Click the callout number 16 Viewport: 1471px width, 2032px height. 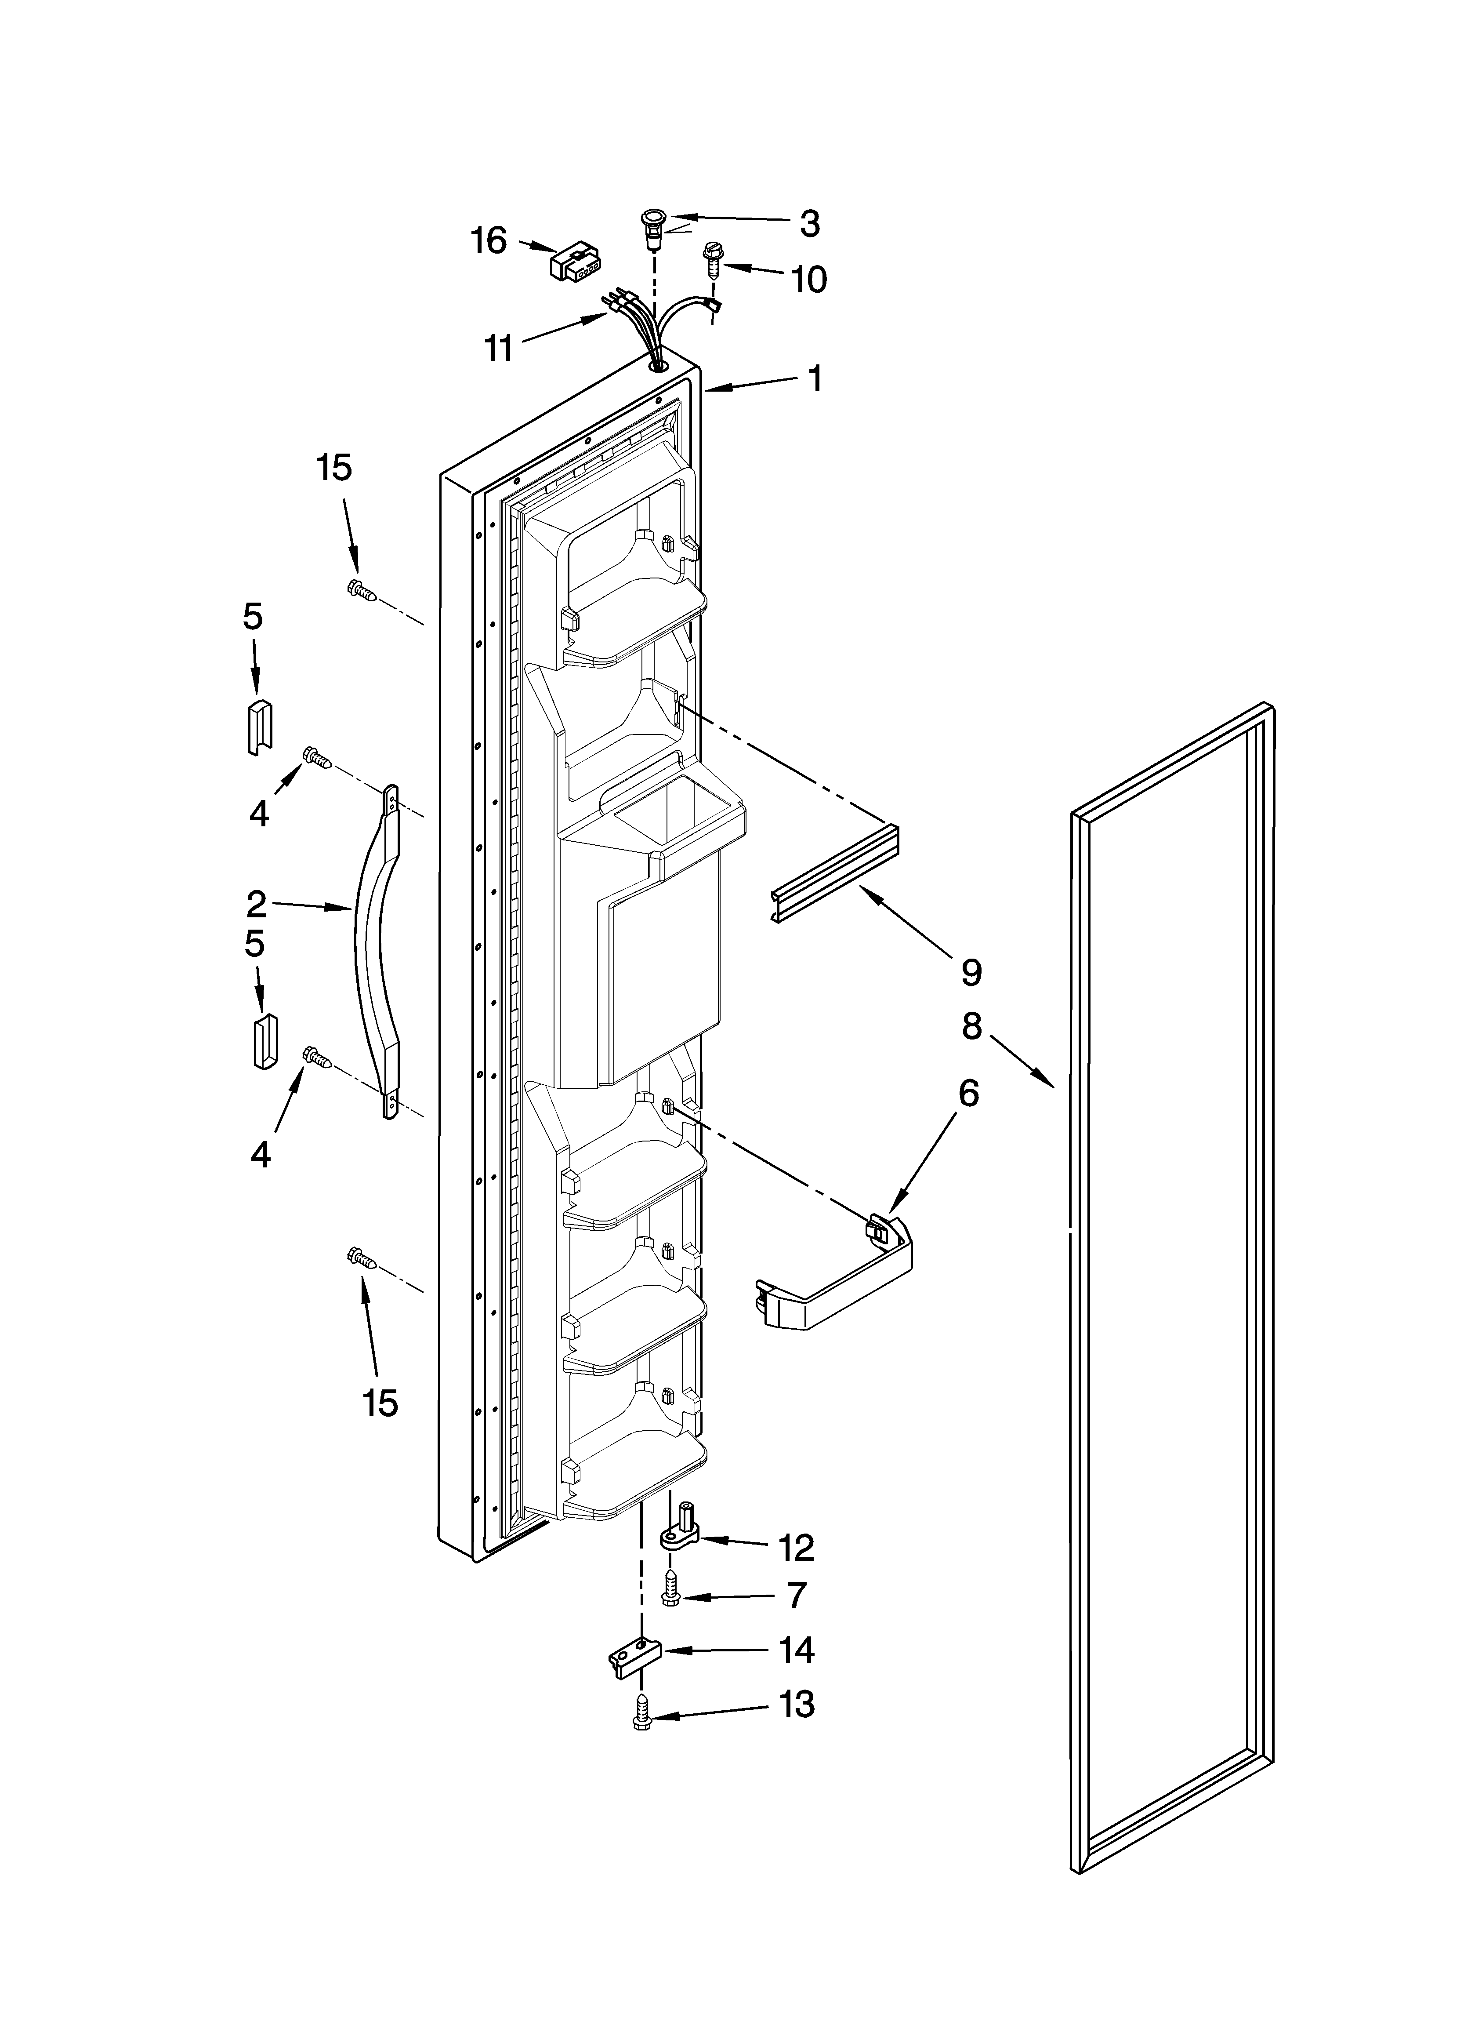pos(489,240)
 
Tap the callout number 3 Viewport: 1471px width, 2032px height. pos(809,223)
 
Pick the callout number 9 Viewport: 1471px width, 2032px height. pos(971,972)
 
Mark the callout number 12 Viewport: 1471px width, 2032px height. pos(796,1547)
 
